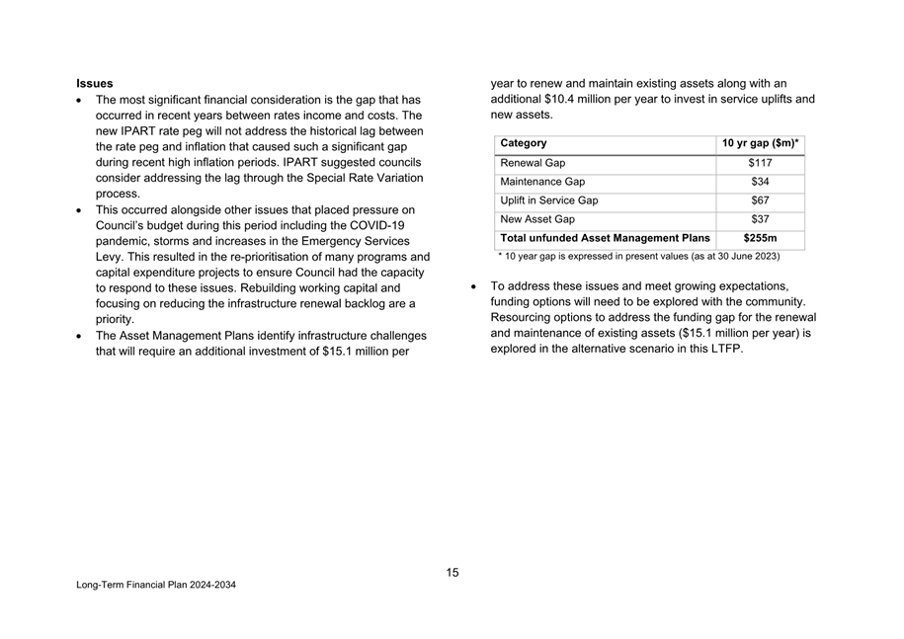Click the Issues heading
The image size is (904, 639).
pos(95,84)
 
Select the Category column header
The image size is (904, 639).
pos(524,143)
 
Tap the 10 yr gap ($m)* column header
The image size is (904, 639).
pos(760,143)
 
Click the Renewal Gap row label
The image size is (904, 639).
pos(534,163)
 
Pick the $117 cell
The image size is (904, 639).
pos(760,163)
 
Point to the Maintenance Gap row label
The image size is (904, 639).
pos(542,182)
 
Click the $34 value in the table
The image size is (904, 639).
pos(760,182)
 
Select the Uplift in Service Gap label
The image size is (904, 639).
pos(549,200)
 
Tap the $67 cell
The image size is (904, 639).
pos(760,200)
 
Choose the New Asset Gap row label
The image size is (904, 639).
pos(537,219)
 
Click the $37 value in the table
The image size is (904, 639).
pos(760,219)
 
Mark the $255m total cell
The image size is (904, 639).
pos(760,238)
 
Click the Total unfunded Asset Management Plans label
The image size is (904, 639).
pos(605,238)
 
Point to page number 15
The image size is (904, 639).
pos(452,573)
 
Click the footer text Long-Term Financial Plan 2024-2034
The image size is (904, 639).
pos(156,586)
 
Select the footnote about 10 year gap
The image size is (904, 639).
pos(638,257)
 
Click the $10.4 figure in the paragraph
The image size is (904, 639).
pos(560,100)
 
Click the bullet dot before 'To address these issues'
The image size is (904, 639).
pos(475,286)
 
